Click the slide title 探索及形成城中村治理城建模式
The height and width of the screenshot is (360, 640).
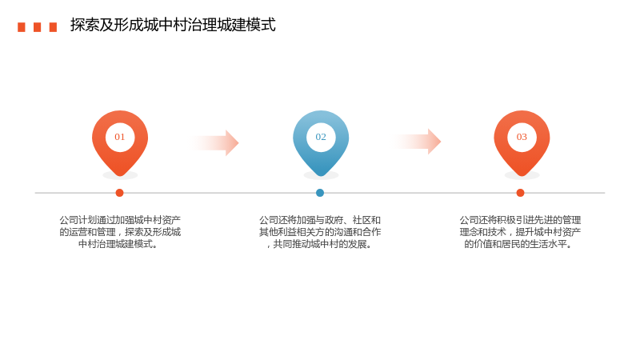click(x=173, y=25)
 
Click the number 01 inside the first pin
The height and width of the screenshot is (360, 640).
click(x=119, y=137)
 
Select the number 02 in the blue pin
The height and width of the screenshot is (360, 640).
click(x=321, y=137)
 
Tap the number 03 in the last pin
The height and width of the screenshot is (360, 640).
click(x=522, y=137)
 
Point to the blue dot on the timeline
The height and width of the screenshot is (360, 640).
click(x=320, y=193)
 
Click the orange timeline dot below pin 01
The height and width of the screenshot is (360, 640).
click(x=119, y=193)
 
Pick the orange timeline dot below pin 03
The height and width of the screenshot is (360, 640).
click(x=520, y=193)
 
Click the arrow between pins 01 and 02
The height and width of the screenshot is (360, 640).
click(x=214, y=143)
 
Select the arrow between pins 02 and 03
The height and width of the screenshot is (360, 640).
click(x=416, y=142)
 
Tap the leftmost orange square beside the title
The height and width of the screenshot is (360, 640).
click(x=22, y=27)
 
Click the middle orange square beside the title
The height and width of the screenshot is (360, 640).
click(x=37, y=27)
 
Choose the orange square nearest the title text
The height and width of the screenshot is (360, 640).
click(x=53, y=27)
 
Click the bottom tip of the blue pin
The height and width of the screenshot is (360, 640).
click(x=321, y=176)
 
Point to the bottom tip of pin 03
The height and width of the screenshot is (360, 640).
click(x=522, y=176)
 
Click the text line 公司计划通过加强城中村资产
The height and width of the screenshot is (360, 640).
click(x=120, y=221)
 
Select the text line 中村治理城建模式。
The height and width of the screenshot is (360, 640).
click(x=118, y=244)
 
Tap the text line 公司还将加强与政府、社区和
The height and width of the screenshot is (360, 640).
click(x=320, y=221)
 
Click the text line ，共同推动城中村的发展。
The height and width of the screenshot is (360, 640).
click(x=319, y=244)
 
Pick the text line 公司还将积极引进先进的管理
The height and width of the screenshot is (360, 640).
click(x=520, y=221)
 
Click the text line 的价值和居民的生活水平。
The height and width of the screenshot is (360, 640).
click(x=518, y=244)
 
